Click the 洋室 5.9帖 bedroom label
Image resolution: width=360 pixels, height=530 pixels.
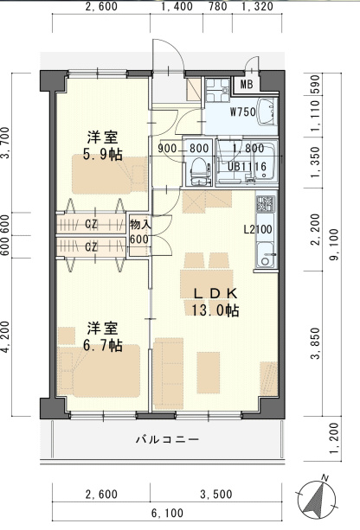(x=103, y=147)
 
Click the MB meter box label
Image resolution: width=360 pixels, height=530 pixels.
(x=247, y=85)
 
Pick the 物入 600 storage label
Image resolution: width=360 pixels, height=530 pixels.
(x=139, y=232)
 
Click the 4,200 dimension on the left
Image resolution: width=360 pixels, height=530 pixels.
(x=8, y=338)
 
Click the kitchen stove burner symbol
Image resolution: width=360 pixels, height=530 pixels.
(x=265, y=207)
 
